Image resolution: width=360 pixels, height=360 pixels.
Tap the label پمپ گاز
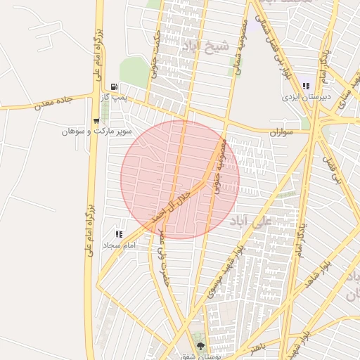click(x=115, y=99)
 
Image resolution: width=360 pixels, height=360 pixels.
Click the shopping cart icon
click(x=96, y=120)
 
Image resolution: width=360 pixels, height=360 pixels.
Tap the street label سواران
click(x=281, y=131)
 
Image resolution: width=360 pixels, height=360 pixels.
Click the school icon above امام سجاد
click(x=118, y=233)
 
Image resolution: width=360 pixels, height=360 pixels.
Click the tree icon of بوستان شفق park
click(x=201, y=346)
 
